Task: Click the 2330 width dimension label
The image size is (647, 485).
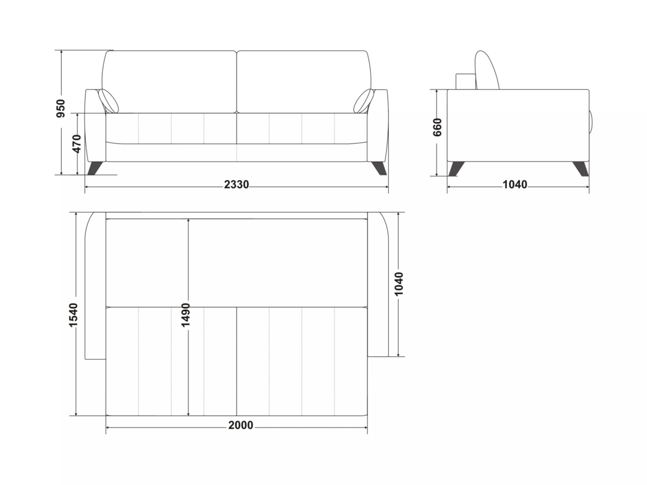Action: pyautogui.click(x=237, y=185)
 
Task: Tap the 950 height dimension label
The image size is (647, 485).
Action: pyautogui.click(x=61, y=109)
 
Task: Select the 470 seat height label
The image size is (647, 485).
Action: pyautogui.click(x=77, y=144)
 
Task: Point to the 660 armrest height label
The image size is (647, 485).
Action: pyautogui.click(x=438, y=127)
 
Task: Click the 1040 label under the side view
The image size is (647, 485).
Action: pyautogui.click(x=515, y=185)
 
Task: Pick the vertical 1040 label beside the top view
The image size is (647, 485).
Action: pyautogui.click(x=398, y=284)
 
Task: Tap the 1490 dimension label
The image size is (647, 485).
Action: pyautogui.click(x=185, y=315)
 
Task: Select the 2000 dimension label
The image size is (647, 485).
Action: pyautogui.click(x=241, y=425)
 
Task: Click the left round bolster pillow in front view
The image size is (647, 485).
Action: pyautogui.click(x=108, y=100)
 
